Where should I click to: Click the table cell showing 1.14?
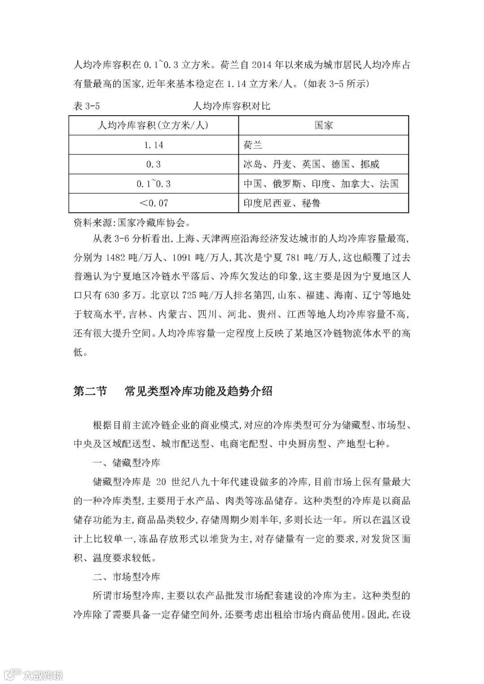click(x=153, y=145)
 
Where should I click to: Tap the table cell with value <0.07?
click(x=153, y=203)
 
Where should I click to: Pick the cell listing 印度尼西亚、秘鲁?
click(x=282, y=203)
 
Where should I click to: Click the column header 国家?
click(x=323, y=125)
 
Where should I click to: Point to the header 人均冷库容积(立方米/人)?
click(x=153, y=125)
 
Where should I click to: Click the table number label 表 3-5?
click(x=86, y=106)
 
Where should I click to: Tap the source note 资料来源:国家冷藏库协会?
click(x=132, y=222)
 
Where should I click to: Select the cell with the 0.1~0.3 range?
click(x=153, y=184)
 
